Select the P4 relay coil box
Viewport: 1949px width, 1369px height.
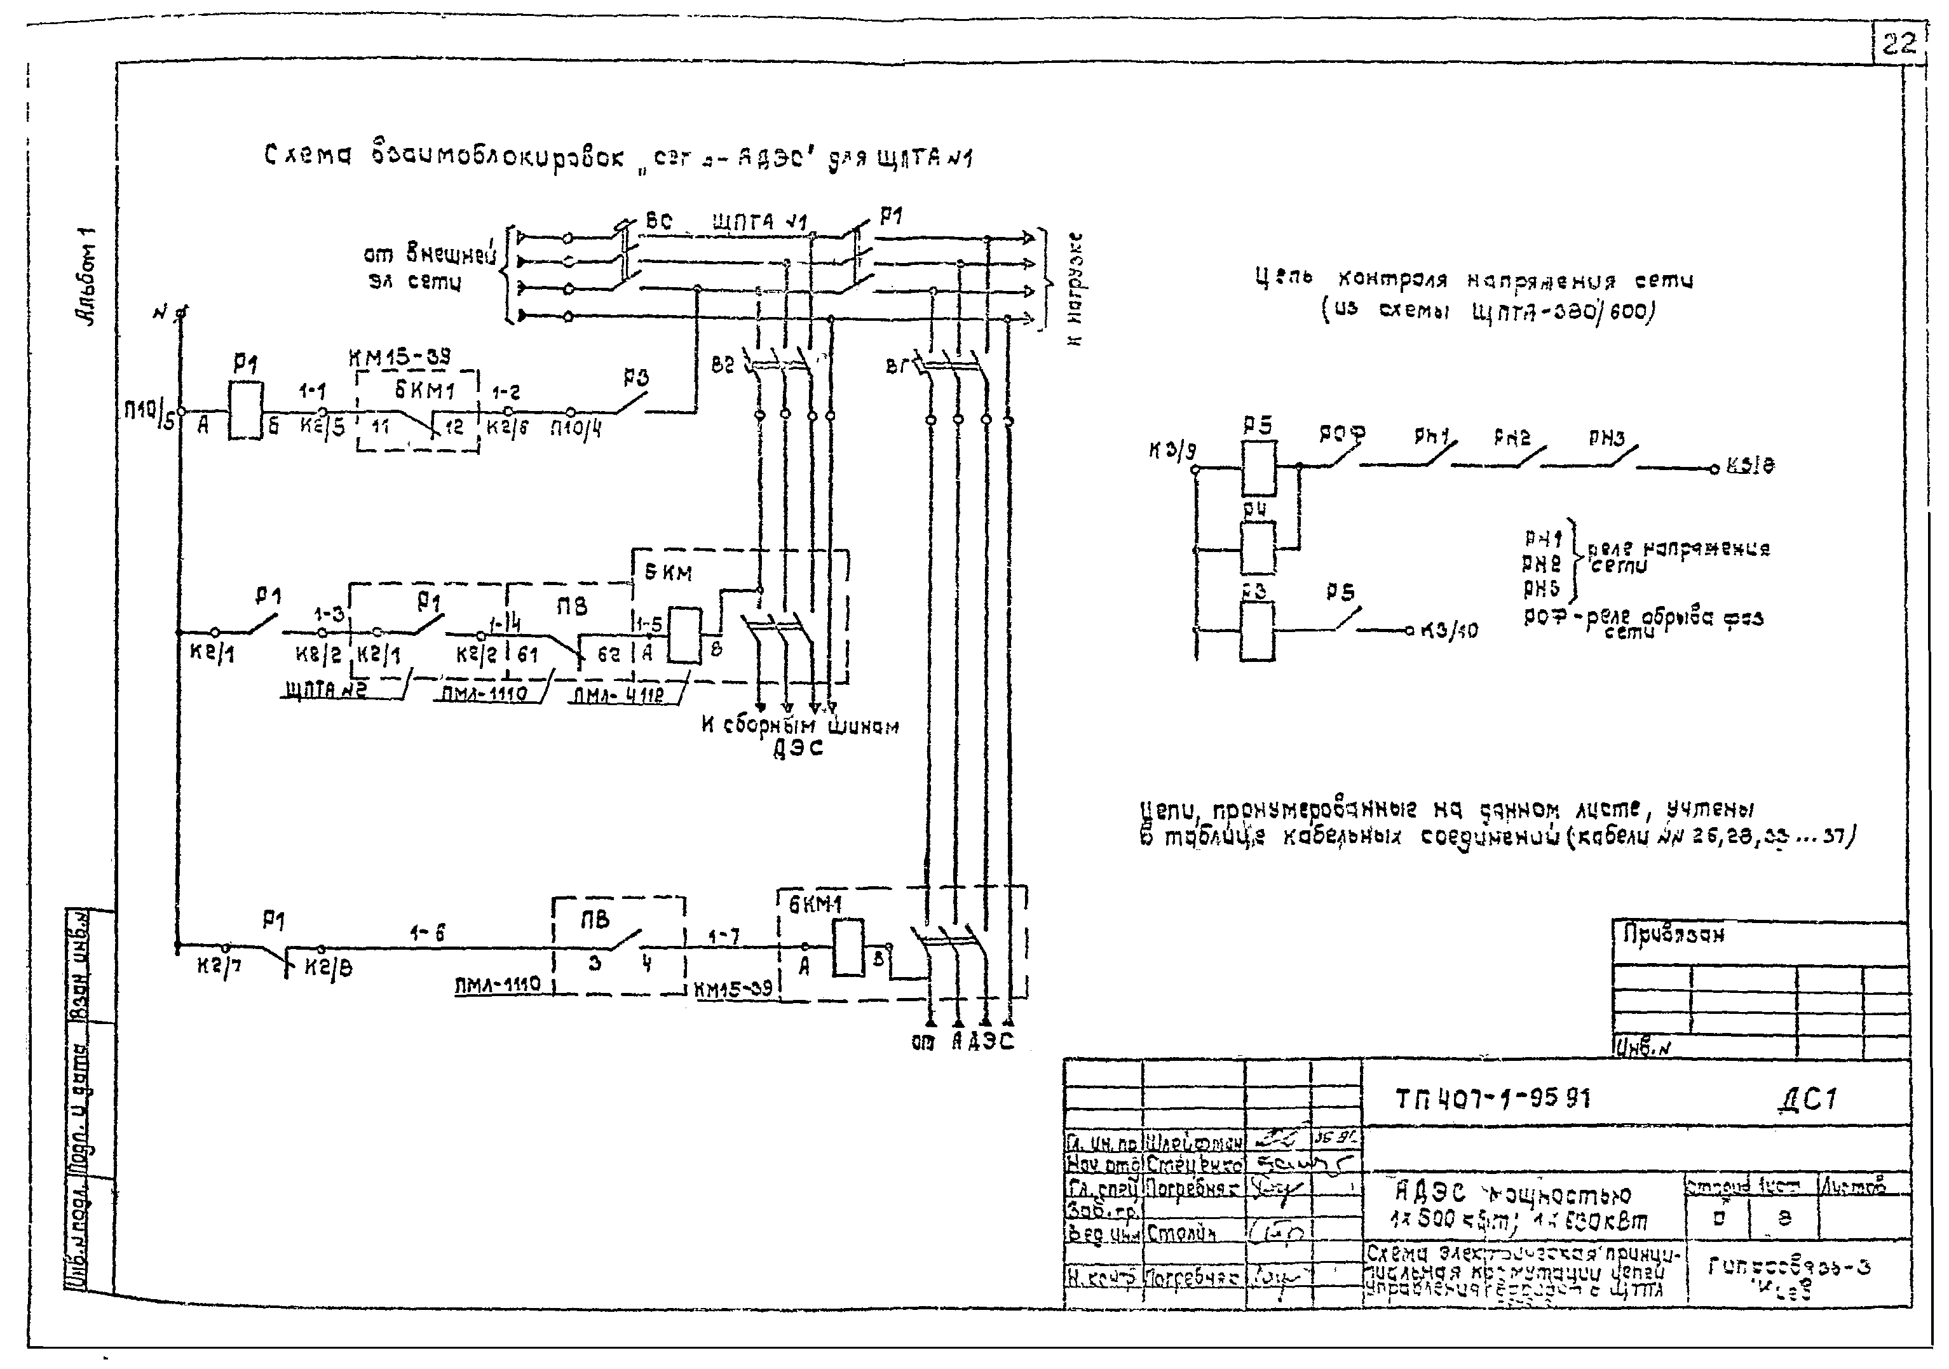1257,548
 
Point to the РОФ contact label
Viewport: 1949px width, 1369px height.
1341,435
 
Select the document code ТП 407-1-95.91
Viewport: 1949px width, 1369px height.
1492,1099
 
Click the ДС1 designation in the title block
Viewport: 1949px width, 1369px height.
1807,1100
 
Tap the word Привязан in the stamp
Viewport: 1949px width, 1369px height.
1673,935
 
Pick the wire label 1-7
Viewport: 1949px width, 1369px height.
723,936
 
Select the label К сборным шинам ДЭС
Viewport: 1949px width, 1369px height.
799,735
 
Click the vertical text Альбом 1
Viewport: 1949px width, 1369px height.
86,276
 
